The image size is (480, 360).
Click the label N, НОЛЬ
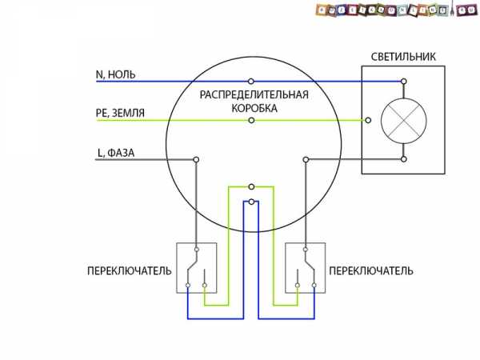[115, 74]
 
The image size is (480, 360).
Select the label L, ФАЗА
[116, 151]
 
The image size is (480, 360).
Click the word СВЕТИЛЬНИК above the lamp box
[404, 58]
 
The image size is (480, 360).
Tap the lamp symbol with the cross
[403, 121]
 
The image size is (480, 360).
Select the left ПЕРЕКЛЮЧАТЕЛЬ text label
[129, 271]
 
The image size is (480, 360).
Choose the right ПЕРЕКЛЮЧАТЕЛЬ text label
[371, 271]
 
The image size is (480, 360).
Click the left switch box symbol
[196, 266]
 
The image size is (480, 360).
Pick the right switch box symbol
[306, 266]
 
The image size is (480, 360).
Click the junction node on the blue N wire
[252, 81]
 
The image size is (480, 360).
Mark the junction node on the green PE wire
[252, 121]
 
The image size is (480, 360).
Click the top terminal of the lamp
[403, 81]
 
